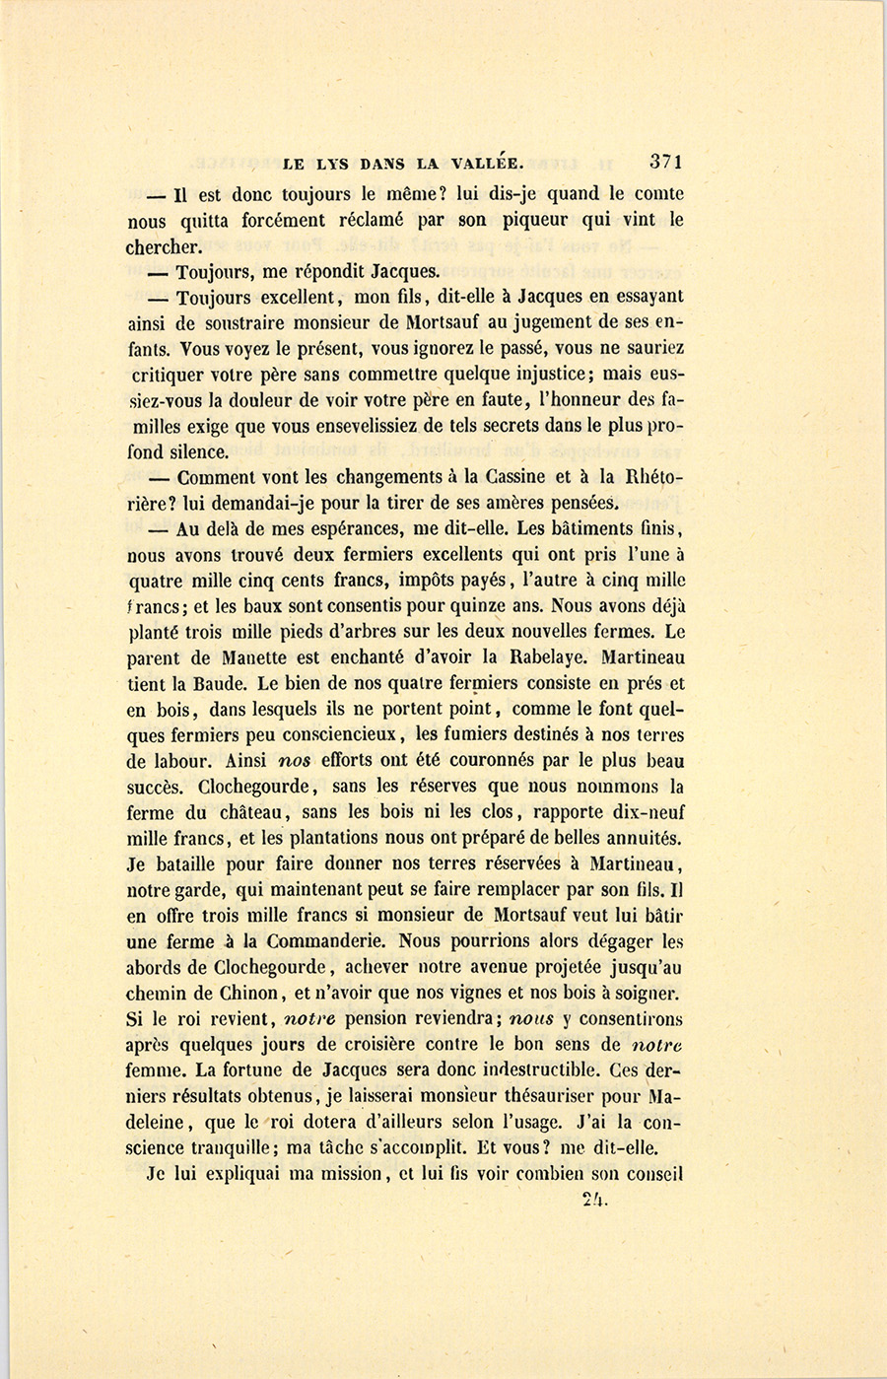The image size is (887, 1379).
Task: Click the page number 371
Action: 666,162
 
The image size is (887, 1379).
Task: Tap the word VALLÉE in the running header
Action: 485,164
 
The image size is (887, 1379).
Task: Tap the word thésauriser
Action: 546,1096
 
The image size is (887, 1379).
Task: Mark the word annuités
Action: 642,838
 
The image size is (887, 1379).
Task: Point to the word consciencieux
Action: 328,734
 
